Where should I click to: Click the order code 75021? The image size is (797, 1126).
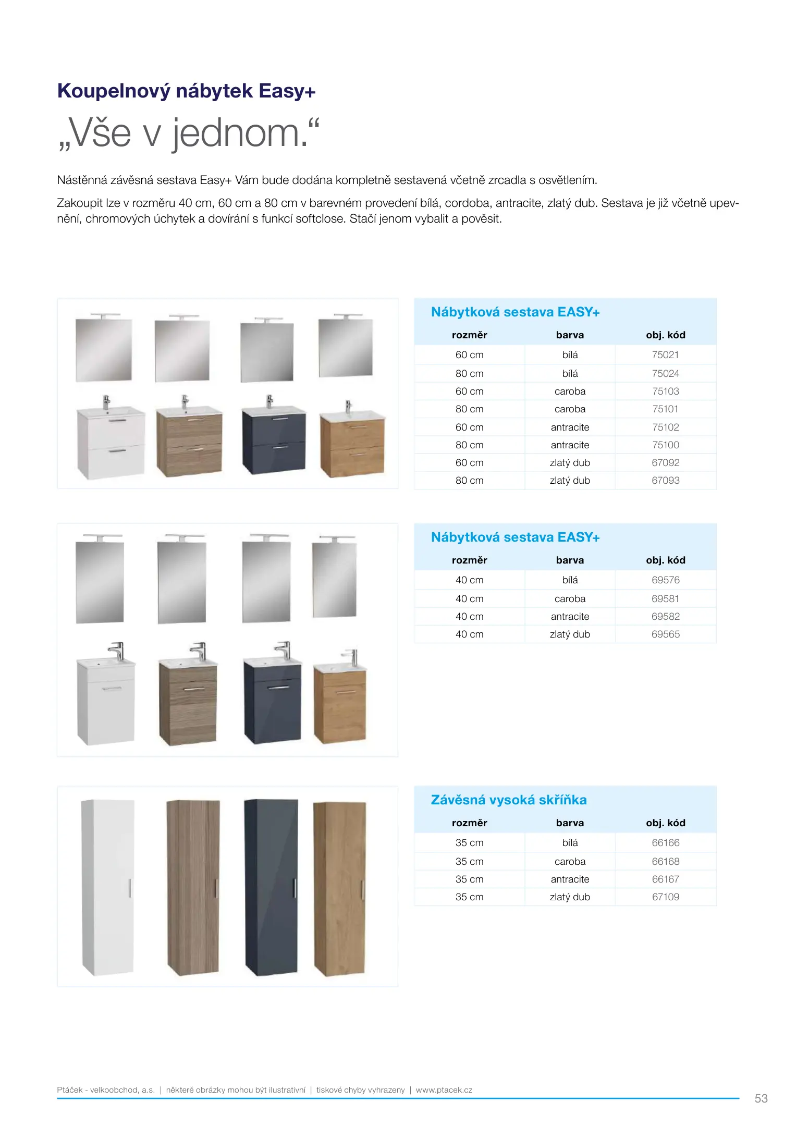[x=665, y=355]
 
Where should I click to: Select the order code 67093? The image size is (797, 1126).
[x=665, y=481]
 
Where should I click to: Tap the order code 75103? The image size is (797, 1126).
[x=665, y=391]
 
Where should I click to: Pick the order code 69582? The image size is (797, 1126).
[x=665, y=617]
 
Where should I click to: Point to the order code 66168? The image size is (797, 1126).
[x=665, y=862]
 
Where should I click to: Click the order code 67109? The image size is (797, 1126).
[x=665, y=897]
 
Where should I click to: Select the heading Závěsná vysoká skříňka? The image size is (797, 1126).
[x=509, y=800]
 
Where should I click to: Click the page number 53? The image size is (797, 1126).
[x=761, y=1098]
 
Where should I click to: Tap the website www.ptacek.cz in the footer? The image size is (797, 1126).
[x=444, y=1090]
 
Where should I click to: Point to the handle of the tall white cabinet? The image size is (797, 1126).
[x=130, y=888]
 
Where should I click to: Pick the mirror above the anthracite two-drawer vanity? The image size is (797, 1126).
[x=267, y=351]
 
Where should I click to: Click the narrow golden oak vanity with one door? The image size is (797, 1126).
[x=340, y=706]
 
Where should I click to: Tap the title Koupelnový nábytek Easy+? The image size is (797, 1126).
[x=186, y=91]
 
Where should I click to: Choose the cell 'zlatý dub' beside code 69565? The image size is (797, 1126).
[x=570, y=634]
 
